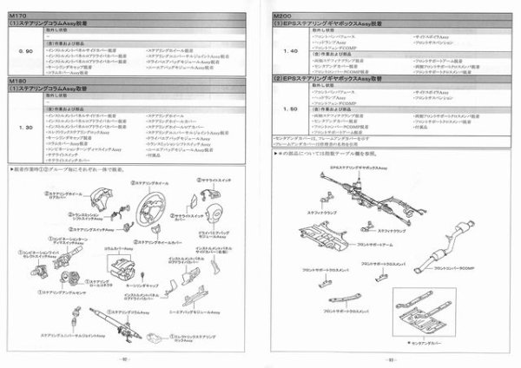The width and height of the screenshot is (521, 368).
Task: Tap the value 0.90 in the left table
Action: point(24,51)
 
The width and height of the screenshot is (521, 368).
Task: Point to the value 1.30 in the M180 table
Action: point(24,127)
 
